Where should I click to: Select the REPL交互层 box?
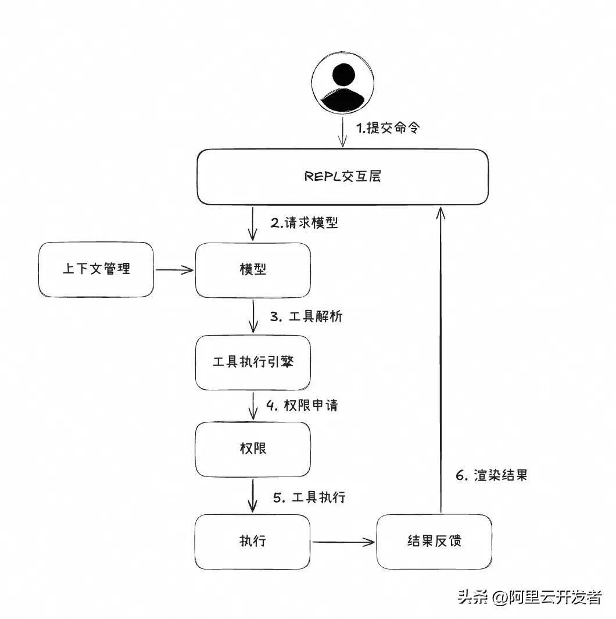[x=342, y=177]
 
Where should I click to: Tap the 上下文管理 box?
[x=96, y=269]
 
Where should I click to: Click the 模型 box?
[x=253, y=270]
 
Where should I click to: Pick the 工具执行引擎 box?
[x=253, y=362]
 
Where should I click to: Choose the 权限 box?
[x=253, y=449]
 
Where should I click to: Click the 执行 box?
[x=253, y=542]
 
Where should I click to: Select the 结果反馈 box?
[x=434, y=542]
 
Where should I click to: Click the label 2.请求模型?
[x=304, y=223]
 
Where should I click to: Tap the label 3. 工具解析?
[x=306, y=316]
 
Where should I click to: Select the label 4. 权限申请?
[x=302, y=405]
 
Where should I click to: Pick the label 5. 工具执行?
[x=309, y=497]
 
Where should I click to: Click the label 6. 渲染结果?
[x=491, y=475]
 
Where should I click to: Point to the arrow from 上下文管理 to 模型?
[x=174, y=269]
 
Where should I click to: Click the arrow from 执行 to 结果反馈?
[x=343, y=542]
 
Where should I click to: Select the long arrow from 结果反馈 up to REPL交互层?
[x=440, y=361]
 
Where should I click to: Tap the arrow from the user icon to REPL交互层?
[x=343, y=133]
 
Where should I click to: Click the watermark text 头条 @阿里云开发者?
[x=529, y=597]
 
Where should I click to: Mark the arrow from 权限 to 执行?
[x=253, y=495]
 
